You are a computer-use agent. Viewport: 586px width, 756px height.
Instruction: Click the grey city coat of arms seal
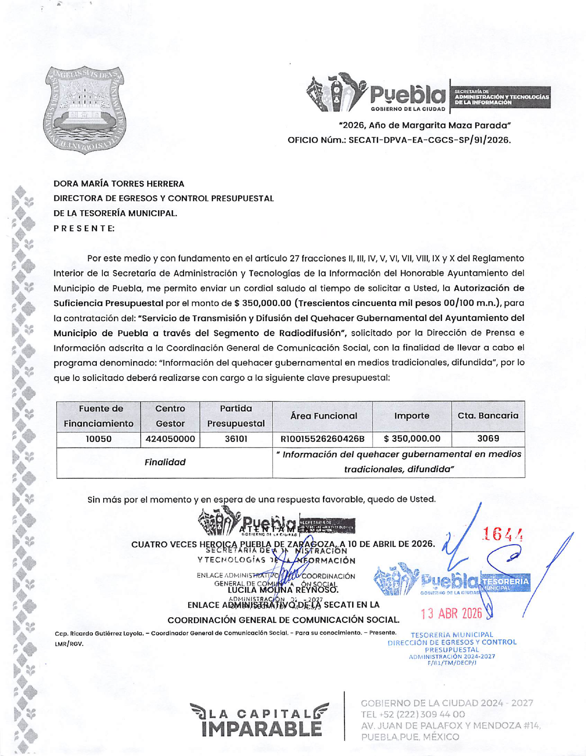click(x=86, y=110)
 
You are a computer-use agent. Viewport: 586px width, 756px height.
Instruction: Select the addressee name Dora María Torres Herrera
click(x=119, y=184)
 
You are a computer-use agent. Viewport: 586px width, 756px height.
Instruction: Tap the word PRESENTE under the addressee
click(x=84, y=228)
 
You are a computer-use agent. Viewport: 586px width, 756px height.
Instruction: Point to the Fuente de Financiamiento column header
click(x=99, y=416)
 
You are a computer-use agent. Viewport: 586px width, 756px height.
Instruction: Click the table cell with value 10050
click(x=99, y=439)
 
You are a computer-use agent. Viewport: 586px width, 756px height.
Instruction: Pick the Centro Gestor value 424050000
click(x=170, y=439)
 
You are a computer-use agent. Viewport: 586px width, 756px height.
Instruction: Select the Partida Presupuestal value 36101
click(x=236, y=439)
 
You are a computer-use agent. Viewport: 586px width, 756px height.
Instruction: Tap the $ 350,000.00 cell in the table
click(x=412, y=439)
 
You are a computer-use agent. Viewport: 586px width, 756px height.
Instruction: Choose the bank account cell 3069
click(x=488, y=438)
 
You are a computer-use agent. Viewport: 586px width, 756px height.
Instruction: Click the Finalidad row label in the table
click(x=165, y=462)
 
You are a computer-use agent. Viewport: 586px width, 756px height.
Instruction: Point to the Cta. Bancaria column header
click(x=488, y=415)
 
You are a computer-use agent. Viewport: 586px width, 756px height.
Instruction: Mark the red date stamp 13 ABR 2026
click(x=451, y=614)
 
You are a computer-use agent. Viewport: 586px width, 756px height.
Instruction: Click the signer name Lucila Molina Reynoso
click(x=283, y=590)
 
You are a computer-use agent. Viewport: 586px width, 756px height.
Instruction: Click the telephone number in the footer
click(x=413, y=715)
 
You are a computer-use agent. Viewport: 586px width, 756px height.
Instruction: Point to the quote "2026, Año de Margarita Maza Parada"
click(x=425, y=125)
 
